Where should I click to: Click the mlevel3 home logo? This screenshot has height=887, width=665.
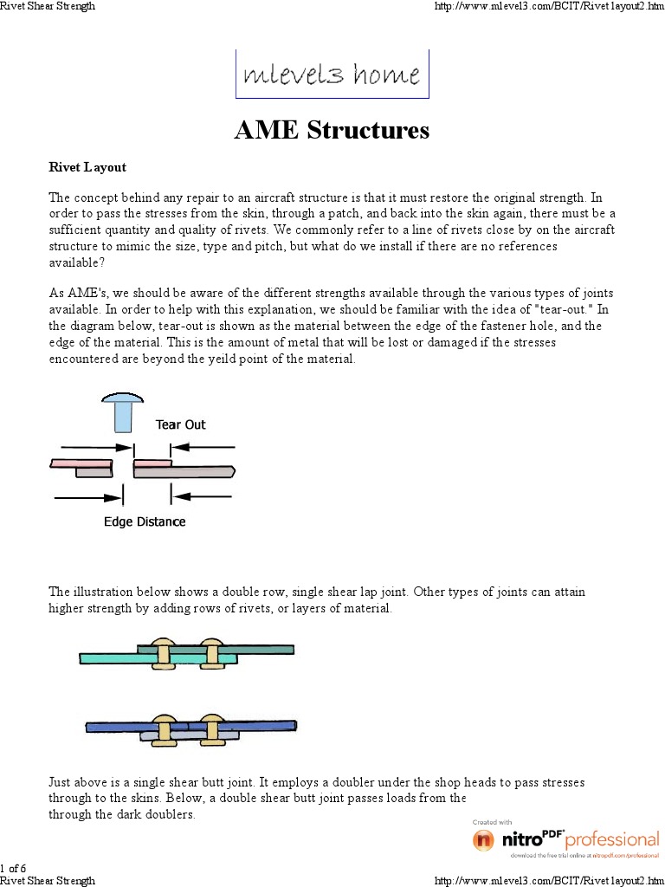tap(332, 74)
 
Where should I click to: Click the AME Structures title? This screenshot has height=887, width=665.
tap(332, 131)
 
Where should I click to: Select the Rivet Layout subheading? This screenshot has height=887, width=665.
tap(87, 167)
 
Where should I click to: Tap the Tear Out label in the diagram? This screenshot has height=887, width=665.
tap(180, 424)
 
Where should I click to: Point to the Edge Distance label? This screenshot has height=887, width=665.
tap(145, 521)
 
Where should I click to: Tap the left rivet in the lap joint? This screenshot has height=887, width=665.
tap(162, 652)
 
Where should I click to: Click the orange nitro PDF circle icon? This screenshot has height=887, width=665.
tap(483, 840)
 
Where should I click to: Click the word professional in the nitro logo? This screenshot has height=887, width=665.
tap(611, 838)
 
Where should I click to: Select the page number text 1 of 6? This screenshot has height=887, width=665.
tap(13, 868)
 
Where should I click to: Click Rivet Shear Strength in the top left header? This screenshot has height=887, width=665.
tap(48, 6)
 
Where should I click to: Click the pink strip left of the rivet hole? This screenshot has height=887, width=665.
tap(81, 463)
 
